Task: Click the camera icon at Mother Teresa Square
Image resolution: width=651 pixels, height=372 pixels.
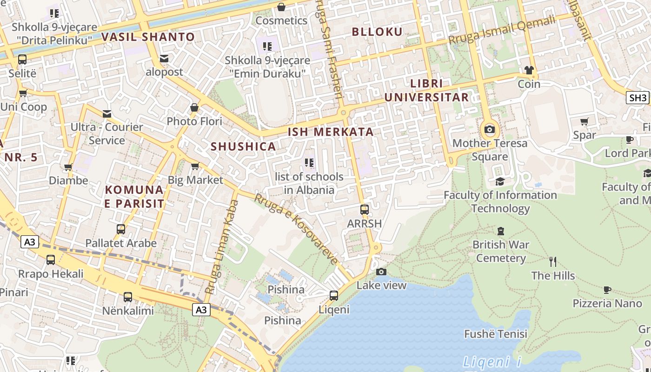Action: click(x=489, y=129)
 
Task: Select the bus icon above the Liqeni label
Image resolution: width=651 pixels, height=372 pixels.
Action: click(x=333, y=295)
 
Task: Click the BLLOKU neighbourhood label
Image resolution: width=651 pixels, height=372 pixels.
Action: click(x=377, y=32)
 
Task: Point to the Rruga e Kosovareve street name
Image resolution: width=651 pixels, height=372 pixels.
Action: click(x=296, y=228)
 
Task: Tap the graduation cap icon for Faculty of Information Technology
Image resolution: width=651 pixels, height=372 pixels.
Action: click(x=500, y=181)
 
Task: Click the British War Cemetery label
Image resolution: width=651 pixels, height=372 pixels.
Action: click(x=501, y=251)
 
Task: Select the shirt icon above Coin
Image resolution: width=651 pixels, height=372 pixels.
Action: click(x=529, y=70)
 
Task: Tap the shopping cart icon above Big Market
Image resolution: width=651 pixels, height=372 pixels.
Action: click(x=195, y=166)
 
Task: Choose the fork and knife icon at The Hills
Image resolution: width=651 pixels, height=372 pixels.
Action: click(x=552, y=262)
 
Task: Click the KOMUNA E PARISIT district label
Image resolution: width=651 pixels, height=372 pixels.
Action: click(x=134, y=196)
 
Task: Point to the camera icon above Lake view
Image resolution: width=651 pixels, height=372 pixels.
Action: click(x=381, y=272)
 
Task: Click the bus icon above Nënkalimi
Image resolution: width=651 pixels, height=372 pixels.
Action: click(x=127, y=297)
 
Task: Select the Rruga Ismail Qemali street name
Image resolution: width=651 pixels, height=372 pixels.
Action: click(x=502, y=29)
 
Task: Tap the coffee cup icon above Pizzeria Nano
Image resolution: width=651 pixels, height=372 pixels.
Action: click(x=607, y=290)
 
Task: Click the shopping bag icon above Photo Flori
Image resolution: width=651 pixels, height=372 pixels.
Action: click(x=194, y=108)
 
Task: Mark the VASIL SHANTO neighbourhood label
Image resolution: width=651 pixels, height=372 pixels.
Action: click(x=148, y=37)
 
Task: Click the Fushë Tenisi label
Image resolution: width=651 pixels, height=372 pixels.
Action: click(x=496, y=334)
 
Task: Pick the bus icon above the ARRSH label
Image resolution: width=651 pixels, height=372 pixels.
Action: click(x=364, y=210)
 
